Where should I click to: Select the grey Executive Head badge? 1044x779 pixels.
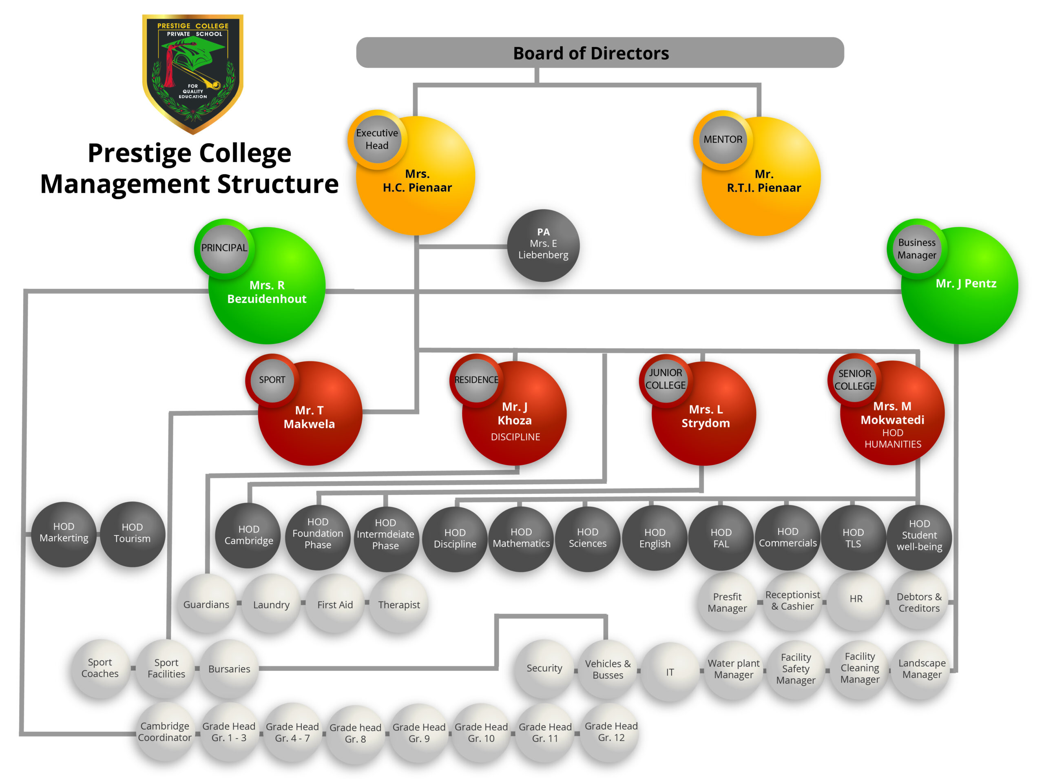click(x=377, y=139)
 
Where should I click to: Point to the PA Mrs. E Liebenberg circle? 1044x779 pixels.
click(x=543, y=245)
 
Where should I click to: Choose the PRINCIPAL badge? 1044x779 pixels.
click(x=224, y=248)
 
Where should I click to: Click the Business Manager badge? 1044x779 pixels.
click(x=916, y=249)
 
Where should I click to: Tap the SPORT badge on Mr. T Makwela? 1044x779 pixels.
click(x=272, y=380)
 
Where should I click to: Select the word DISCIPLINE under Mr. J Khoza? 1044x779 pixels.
click(x=515, y=437)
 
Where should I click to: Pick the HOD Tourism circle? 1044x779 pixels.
click(x=132, y=533)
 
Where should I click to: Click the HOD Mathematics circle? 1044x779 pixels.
click(x=521, y=538)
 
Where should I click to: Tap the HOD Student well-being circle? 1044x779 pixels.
click(x=919, y=536)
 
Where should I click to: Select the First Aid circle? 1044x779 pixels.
click(x=335, y=604)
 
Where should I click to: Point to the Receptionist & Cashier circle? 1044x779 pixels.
click(x=792, y=601)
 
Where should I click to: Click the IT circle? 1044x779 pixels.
click(x=670, y=672)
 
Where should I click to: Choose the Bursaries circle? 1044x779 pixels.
click(x=229, y=668)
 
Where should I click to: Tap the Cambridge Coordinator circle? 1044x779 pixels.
click(x=165, y=731)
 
